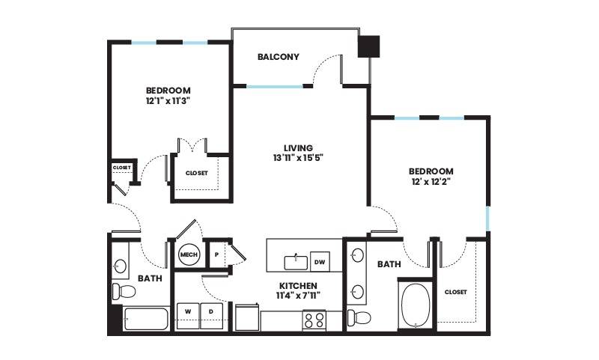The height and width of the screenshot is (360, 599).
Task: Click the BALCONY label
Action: [x=278, y=57]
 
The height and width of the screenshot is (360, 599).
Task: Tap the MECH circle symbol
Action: [x=189, y=254]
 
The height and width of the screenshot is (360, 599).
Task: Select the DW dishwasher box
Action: [x=320, y=261]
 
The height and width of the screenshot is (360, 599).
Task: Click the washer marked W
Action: [x=188, y=316]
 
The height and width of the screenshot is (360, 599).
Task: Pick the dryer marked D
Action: [x=211, y=316]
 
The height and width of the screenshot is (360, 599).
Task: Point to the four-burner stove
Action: [x=314, y=320]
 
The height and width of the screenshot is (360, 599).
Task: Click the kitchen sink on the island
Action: [x=296, y=263]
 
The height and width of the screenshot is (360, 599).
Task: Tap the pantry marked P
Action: [x=216, y=254]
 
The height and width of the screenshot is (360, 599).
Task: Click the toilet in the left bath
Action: [x=124, y=292]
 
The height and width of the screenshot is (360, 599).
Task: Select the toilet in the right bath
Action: [x=359, y=317]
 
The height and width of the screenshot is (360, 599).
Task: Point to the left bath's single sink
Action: [x=121, y=265]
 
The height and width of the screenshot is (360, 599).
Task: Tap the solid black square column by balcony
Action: [x=368, y=46]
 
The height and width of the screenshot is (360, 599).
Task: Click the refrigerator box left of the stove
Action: [x=247, y=317]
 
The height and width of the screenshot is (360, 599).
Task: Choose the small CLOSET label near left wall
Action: [x=122, y=168]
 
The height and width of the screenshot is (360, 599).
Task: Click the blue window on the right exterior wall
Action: [x=488, y=219]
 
